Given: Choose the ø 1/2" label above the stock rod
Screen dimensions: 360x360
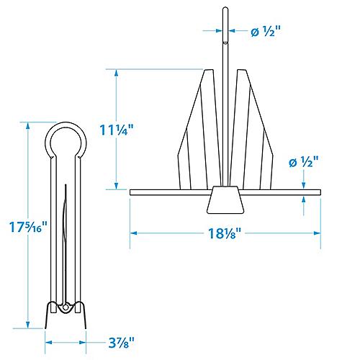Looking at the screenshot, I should tap(302, 162).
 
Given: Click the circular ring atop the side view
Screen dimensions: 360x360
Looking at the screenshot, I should tap(66, 140).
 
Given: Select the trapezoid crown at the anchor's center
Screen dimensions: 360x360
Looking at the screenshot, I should tap(224, 200).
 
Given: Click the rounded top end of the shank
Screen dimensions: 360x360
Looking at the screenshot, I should tap(225, 9).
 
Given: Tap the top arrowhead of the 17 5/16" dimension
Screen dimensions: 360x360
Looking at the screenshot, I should tap(29, 125).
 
